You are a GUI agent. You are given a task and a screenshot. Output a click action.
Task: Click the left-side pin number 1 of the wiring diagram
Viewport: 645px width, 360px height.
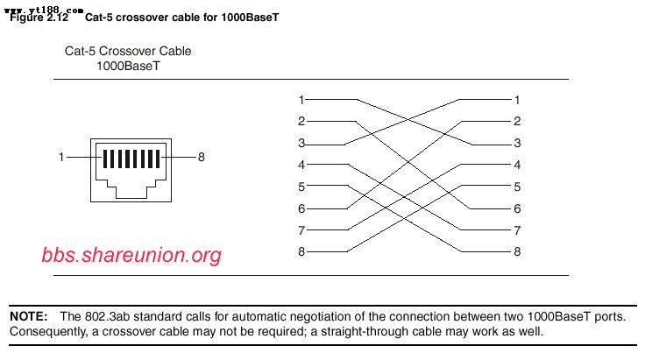[301, 99]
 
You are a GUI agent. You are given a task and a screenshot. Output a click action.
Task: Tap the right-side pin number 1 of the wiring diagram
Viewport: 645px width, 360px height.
[517, 99]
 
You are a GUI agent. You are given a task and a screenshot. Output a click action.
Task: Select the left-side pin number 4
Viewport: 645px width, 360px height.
[301, 165]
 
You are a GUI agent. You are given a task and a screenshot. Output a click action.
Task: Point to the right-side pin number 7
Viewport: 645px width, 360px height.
[517, 230]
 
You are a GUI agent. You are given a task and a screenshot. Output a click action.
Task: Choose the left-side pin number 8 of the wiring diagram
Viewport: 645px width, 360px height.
[301, 252]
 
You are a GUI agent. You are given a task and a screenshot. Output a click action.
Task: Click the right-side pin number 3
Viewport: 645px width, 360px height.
[517, 143]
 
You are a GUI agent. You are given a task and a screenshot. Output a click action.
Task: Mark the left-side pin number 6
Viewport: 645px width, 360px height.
[301, 208]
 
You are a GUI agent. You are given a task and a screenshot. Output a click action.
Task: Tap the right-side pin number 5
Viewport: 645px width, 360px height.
[517, 187]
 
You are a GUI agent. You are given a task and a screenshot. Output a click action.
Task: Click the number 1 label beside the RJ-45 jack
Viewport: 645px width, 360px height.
[61, 158]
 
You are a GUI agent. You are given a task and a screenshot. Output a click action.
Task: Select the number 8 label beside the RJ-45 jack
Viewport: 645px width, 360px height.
[201, 158]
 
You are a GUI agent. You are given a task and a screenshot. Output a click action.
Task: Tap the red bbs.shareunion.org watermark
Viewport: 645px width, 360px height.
[131, 255]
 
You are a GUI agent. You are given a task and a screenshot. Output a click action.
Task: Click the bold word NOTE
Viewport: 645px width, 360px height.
[29, 315]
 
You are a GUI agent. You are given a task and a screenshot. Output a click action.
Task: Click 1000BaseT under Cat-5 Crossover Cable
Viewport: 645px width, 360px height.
[128, 66]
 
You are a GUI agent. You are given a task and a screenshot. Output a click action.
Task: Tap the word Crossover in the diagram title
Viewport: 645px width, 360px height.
[127, 51]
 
